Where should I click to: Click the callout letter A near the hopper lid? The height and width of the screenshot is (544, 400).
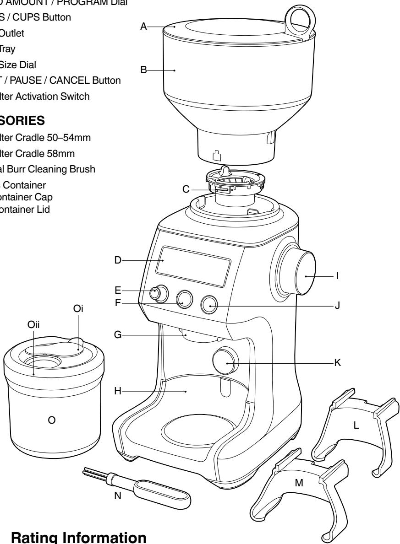pyautogui.click(x=143, y=27)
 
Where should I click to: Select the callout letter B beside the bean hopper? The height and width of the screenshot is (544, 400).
pyautogui.click(x=143, y=70)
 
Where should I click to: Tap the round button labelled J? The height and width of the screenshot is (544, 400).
pyautogui.click(x=210, y=304)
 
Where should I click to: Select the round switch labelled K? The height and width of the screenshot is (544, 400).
pyautogui.click(x=225, y=361)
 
